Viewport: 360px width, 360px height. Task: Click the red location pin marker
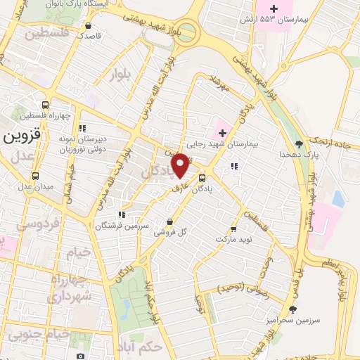coord(181,165)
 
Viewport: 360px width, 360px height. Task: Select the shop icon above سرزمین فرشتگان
coord(122,214)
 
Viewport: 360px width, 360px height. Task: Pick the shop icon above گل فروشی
coord(169,221)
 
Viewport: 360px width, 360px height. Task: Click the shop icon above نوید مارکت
coord(233,229)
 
